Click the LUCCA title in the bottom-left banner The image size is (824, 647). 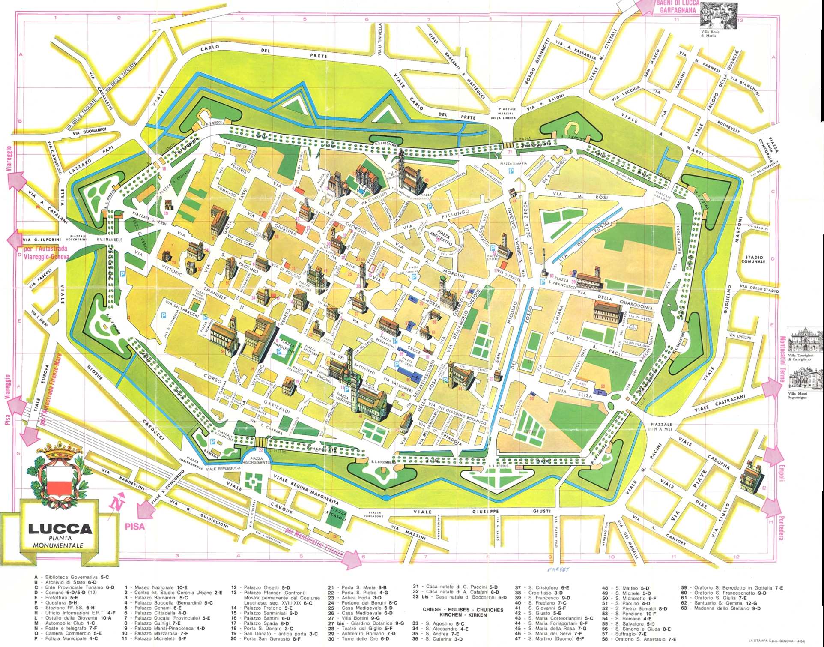(x=60, y=529)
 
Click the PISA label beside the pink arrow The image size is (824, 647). (x=134, y=526)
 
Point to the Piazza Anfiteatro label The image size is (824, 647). (x=443, y=238)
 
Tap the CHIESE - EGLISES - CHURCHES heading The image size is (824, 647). (x=457, y=610)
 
